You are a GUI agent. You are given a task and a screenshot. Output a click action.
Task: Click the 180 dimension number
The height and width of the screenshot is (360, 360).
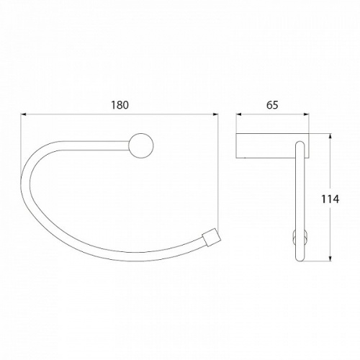(x=120, y=105)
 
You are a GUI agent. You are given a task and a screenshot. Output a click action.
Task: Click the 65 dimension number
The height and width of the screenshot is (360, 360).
(x=272, y=105)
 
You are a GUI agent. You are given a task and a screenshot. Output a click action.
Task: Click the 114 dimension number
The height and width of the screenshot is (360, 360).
(x=330, y=199)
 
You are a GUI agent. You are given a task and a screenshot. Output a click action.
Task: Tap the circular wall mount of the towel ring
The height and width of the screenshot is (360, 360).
(x=141, y=145)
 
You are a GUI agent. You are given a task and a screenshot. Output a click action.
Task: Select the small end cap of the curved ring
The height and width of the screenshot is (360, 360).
(x=211, y=237)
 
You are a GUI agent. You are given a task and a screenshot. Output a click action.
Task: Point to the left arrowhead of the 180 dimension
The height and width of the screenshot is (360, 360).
(x=24, y=114)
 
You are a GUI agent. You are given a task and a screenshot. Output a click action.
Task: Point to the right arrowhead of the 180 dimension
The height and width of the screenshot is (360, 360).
(x=215, y=114)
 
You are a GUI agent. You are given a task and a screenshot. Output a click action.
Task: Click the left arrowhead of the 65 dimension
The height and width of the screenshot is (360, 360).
(x=238, y=114)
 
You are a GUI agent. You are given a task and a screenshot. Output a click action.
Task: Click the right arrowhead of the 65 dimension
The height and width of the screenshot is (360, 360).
(x=307, y=114)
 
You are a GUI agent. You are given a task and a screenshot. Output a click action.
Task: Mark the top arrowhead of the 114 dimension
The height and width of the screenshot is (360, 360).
(x=330, y=136)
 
